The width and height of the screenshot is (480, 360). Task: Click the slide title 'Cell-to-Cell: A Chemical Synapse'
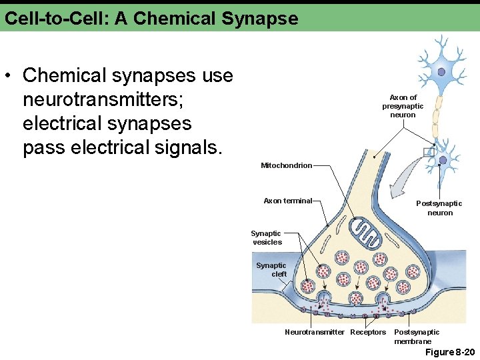click(151, 18)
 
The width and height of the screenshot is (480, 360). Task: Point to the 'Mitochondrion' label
click(286, 165)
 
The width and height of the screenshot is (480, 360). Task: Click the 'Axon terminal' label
click(287, 201)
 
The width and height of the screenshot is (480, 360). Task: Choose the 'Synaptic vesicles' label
click(267, 238)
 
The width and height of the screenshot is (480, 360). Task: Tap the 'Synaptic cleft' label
click(271, 270)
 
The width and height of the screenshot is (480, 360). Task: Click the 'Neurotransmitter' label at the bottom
click(315, 332)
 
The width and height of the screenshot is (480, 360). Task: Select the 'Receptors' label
click(368, 332)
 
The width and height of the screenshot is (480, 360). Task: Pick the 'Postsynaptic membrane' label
click(417, 337)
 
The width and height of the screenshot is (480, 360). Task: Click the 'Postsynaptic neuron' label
click(439, 208)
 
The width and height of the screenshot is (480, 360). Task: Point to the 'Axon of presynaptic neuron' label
click(403, 106)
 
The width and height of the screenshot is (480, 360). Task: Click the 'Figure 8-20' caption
click(450, 351)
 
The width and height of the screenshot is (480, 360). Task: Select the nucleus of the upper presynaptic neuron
click(441, 71)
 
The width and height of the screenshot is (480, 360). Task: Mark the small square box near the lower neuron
click(429, 153)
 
